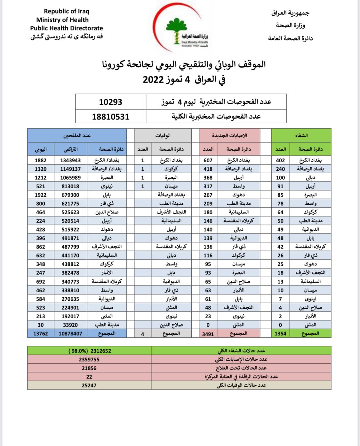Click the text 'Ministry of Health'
click(62, 20)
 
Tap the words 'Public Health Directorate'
click(67, 28)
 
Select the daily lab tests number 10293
click(111, 102)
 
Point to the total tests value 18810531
click(111, 117)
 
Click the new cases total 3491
click(208, 334)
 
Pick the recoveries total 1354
click(280, 334)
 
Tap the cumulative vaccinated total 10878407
click(70, 334)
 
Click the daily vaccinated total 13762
click(41, 334)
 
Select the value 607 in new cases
click(208, 160)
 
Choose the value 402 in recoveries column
click(280, 160)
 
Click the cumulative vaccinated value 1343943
click(70, 160)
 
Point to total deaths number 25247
click(89, 385)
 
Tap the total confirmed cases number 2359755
click(89, 360)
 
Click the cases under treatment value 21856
click(89, 368)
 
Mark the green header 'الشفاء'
click(301, 135)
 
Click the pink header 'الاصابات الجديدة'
click(229, 135)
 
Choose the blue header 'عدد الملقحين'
click(77, 135)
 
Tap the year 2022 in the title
click(153, 79)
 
